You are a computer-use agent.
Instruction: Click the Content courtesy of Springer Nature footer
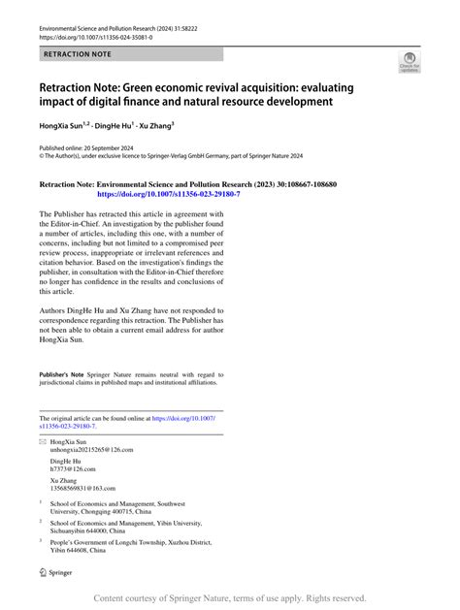[x=229, y=598]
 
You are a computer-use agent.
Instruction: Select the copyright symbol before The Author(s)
[x=42, y=155]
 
